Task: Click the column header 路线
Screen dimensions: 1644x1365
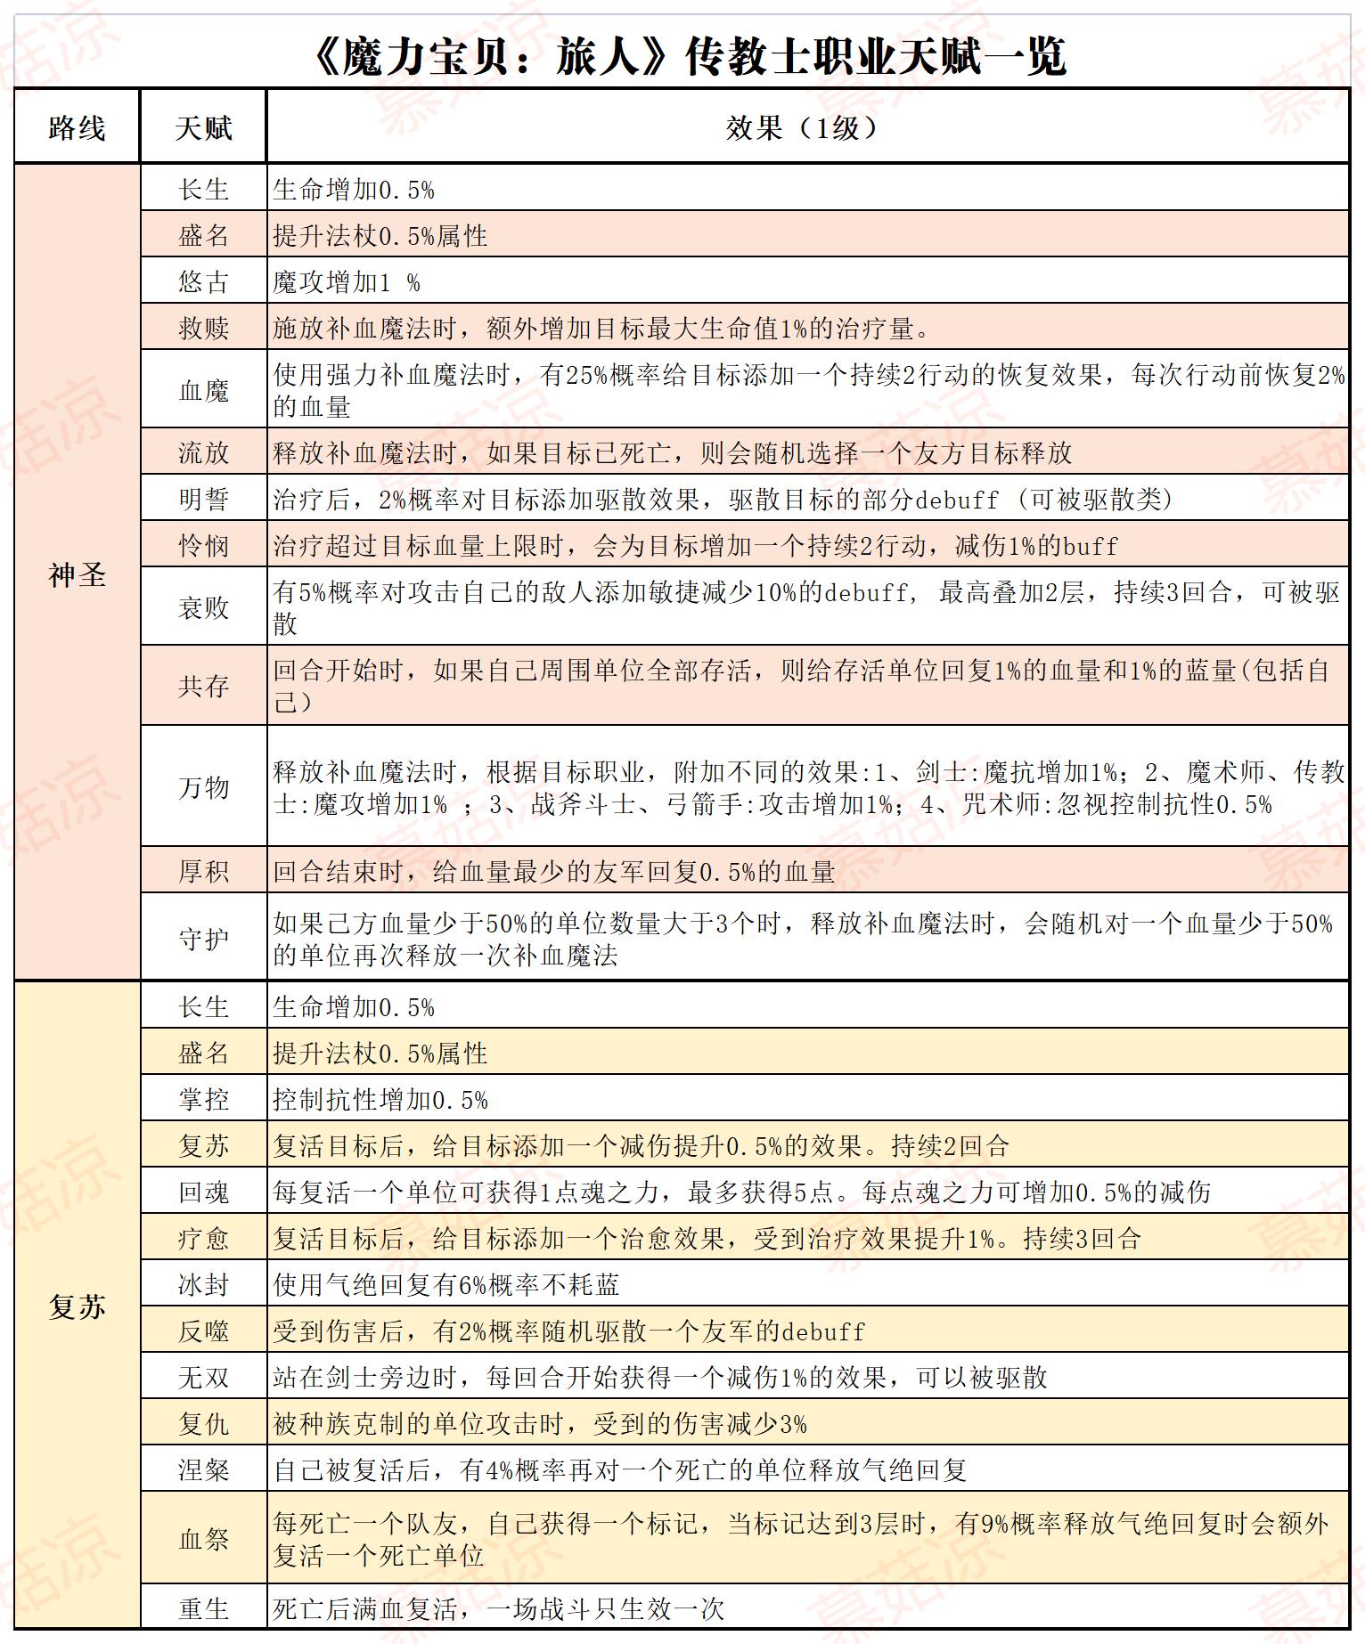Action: (77, 128)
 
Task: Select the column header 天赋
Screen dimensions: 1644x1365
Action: (203, 128)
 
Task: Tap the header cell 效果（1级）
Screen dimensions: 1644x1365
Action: (806, 128)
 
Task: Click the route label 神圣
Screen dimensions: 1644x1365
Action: (77, 574)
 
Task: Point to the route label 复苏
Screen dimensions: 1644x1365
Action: (77, 1306)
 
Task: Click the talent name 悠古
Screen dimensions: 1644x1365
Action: (203, 281)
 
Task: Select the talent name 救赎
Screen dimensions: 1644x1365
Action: (203, 328)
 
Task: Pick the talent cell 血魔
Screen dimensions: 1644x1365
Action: (203, 390)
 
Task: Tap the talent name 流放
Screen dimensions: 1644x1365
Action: (203, 452)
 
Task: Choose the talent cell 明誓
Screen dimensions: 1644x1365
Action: (203, 499)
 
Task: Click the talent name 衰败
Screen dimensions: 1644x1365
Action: (203, 607)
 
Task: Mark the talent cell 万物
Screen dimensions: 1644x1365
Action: (203, 787)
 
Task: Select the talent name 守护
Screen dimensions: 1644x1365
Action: (203, 939)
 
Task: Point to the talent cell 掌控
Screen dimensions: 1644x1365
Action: (203, 1099)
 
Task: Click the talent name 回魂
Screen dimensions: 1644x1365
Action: (203, 1192)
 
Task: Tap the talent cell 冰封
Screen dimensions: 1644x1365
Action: (203, 1284)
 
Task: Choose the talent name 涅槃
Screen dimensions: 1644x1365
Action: (203, 1469)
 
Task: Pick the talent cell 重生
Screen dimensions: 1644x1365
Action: (203, 1608)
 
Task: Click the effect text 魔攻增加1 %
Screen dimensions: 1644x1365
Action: (347, 282)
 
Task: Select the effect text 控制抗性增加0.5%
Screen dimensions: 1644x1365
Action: (380, 1100)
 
